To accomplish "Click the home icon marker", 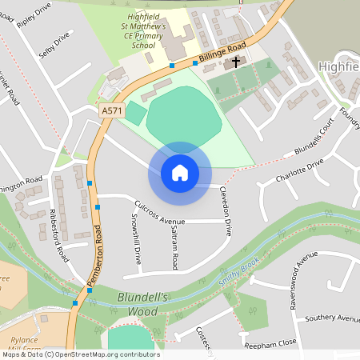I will [x=179, y=172].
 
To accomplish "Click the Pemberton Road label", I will [x=91, y=254].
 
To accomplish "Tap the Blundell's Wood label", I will [x=142, y=302].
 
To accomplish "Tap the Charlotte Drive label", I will [x=299, y=170].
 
